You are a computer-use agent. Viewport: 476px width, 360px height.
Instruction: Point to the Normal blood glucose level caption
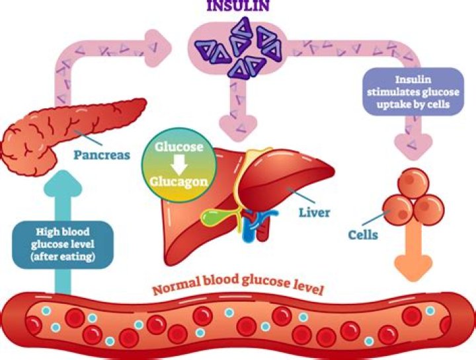pos(238,289)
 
